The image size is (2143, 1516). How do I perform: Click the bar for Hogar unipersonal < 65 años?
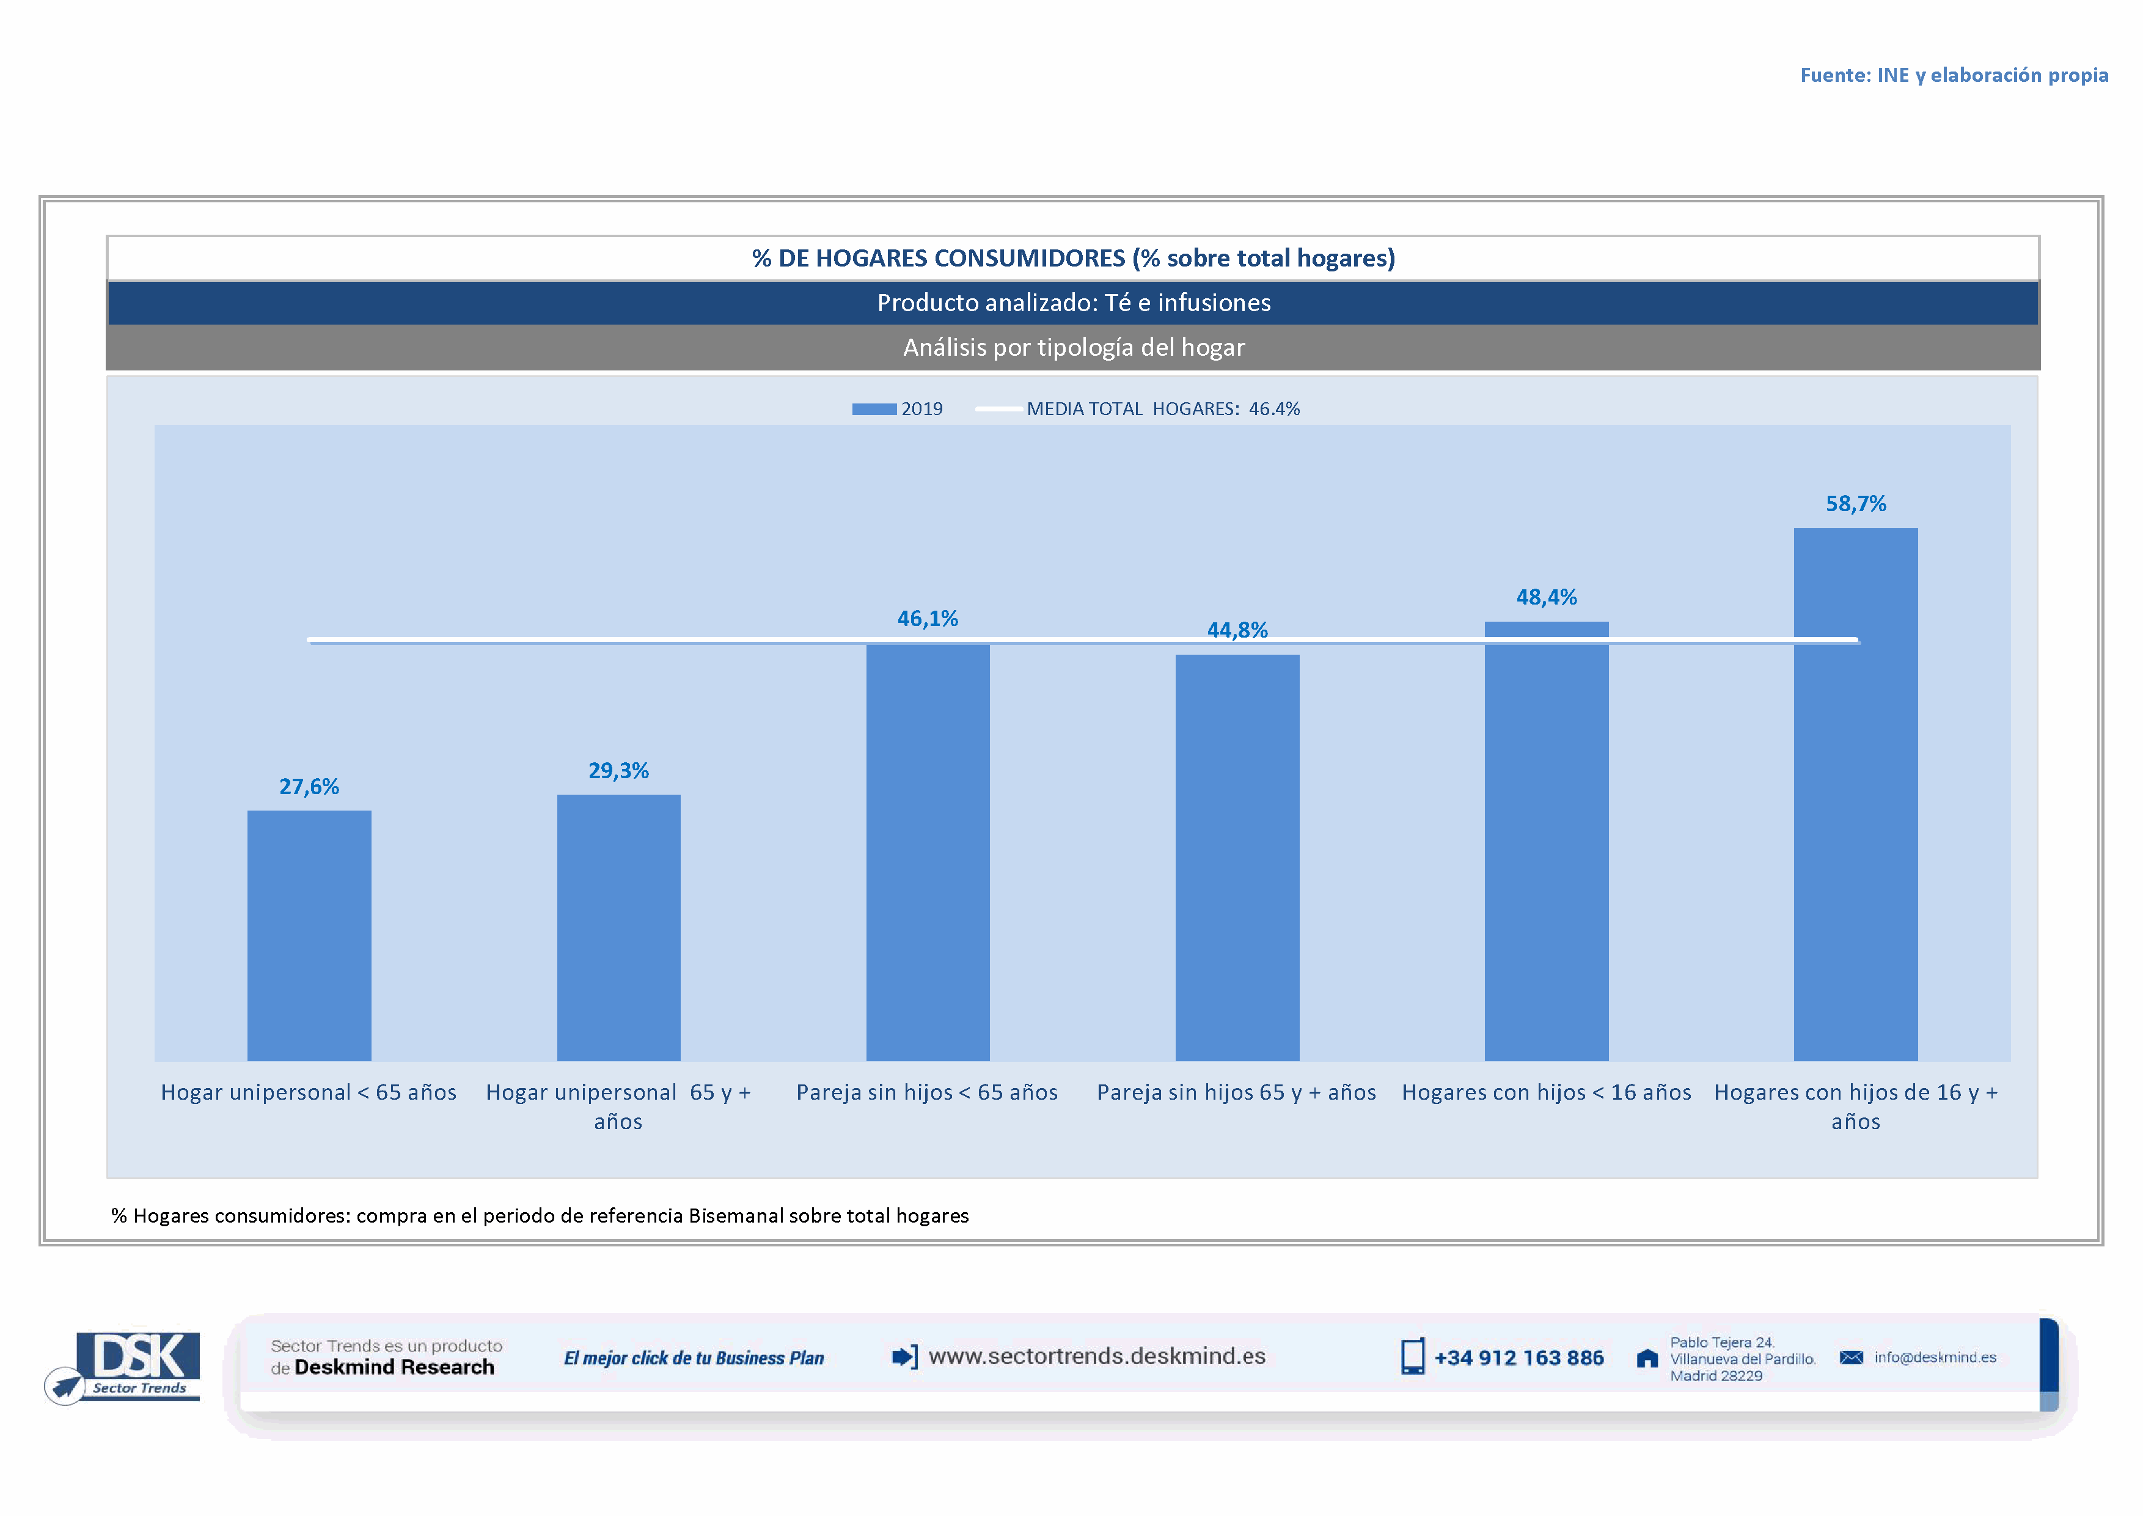tap(309, 935)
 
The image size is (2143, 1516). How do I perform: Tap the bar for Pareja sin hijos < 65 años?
tap(928, 852)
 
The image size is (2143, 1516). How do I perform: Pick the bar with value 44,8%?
tap(1237, 857)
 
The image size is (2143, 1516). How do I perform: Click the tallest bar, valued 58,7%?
tap(1856, 793)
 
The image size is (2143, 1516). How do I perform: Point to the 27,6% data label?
tap(309, 787)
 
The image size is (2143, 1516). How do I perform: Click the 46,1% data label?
tap(928, 619)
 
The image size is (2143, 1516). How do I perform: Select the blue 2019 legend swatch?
tap(874, 409)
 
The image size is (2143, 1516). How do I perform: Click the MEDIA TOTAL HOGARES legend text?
tap(1162, 409)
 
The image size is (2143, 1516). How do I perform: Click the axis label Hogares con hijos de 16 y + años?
tap(1856, 1106)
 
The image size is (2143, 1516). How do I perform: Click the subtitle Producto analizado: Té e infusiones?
tap(1074, 303)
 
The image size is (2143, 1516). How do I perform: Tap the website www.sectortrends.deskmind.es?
tap(1097, 1356)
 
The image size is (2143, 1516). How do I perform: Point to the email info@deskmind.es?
tap(1935, 1357)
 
